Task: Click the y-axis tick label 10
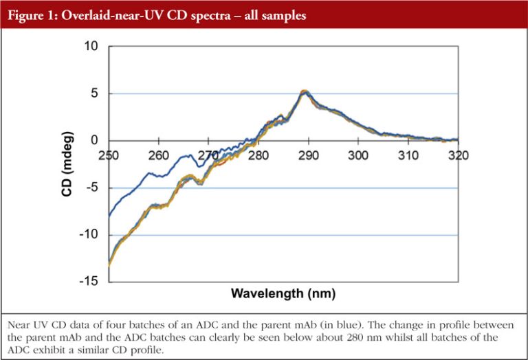pyautogui.click(x=91, y=46)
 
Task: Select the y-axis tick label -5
pyautogui.click(x=92, y=188)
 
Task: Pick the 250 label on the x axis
pyautogui.click(x=109, y=155)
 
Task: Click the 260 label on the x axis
pyautogui.click(x=159, y=155)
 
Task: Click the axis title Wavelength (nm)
pyautogui.click(x=283, y=294)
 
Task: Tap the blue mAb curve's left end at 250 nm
pyautogui.click(x=109, y=216)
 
